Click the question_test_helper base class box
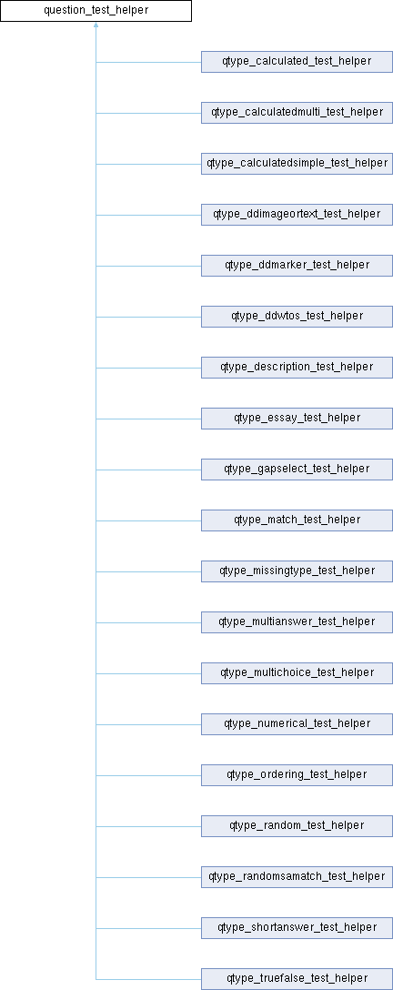pyautogui.click(x=96, y=11)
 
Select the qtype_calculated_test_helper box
pyautogui.click(x=297, y=62)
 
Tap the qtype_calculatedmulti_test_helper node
pyautogui.click(x=297, y=113)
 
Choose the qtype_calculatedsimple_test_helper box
pyautogui.click(x=297, y=164)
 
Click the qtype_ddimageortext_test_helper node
pyautogui.click(x=297, y=215)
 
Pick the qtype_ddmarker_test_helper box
pyautogui.click(x=297, y=266)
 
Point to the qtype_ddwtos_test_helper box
pyautogui.click(x=297, y=317)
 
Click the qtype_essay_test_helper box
pyautogui.click(x=297, y=418)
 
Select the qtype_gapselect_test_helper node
pyautogui.click(x=297, y=470)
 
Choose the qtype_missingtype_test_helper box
pyautogui.click(x=297, y=571)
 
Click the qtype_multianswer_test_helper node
pyautogui.click(x=297, y=621)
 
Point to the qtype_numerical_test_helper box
pyautogui.click(x=297, y=723)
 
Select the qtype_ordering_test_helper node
pyautogui.click(x=297, y=774)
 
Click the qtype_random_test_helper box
pyautogui.click(x=297, y=825)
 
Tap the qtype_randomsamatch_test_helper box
pyautogui.click(x=297, y=876)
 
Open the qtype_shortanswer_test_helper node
pyautogui.click(x=297, y=927)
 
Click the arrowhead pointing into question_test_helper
pyautogui.click(x=96, y=25)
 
